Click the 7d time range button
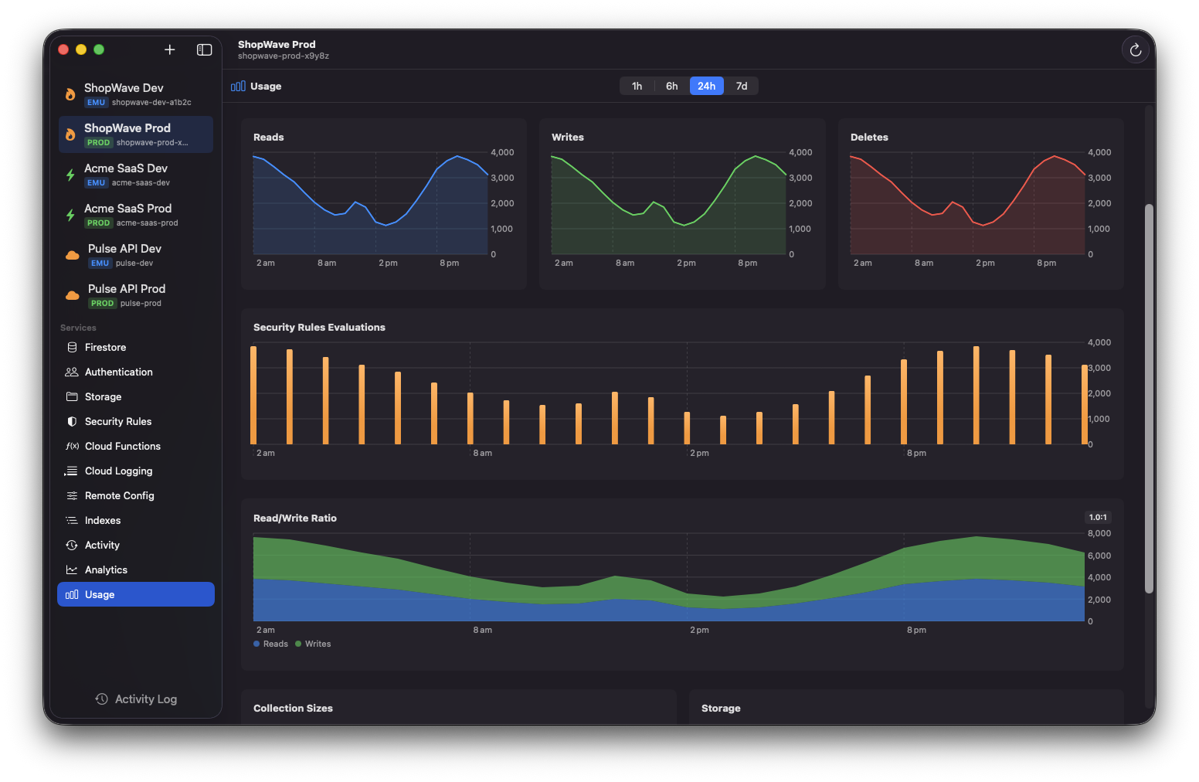click(x=741, y=86)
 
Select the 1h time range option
click(x=637, y=86)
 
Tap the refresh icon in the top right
click(x=1135, y=50)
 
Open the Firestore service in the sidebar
click(x=105, y=348)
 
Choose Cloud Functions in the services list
click(x=122, y=447)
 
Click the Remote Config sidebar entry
click(x=119, y=496)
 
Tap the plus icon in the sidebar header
click(x=170, y=49)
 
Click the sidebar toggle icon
click(x=204, y=49)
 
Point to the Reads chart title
click(x=268, y=138)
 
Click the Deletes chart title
click(x=868, y=138)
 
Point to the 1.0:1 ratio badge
click(x=1097, y=518)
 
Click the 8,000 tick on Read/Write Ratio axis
click(x=1099, y=534)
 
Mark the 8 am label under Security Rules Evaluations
click(x=482, y=454)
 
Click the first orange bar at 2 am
click(x=253, y=395)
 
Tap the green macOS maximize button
click(x=99, y=49)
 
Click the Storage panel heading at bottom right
click(x=720, y=709)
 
